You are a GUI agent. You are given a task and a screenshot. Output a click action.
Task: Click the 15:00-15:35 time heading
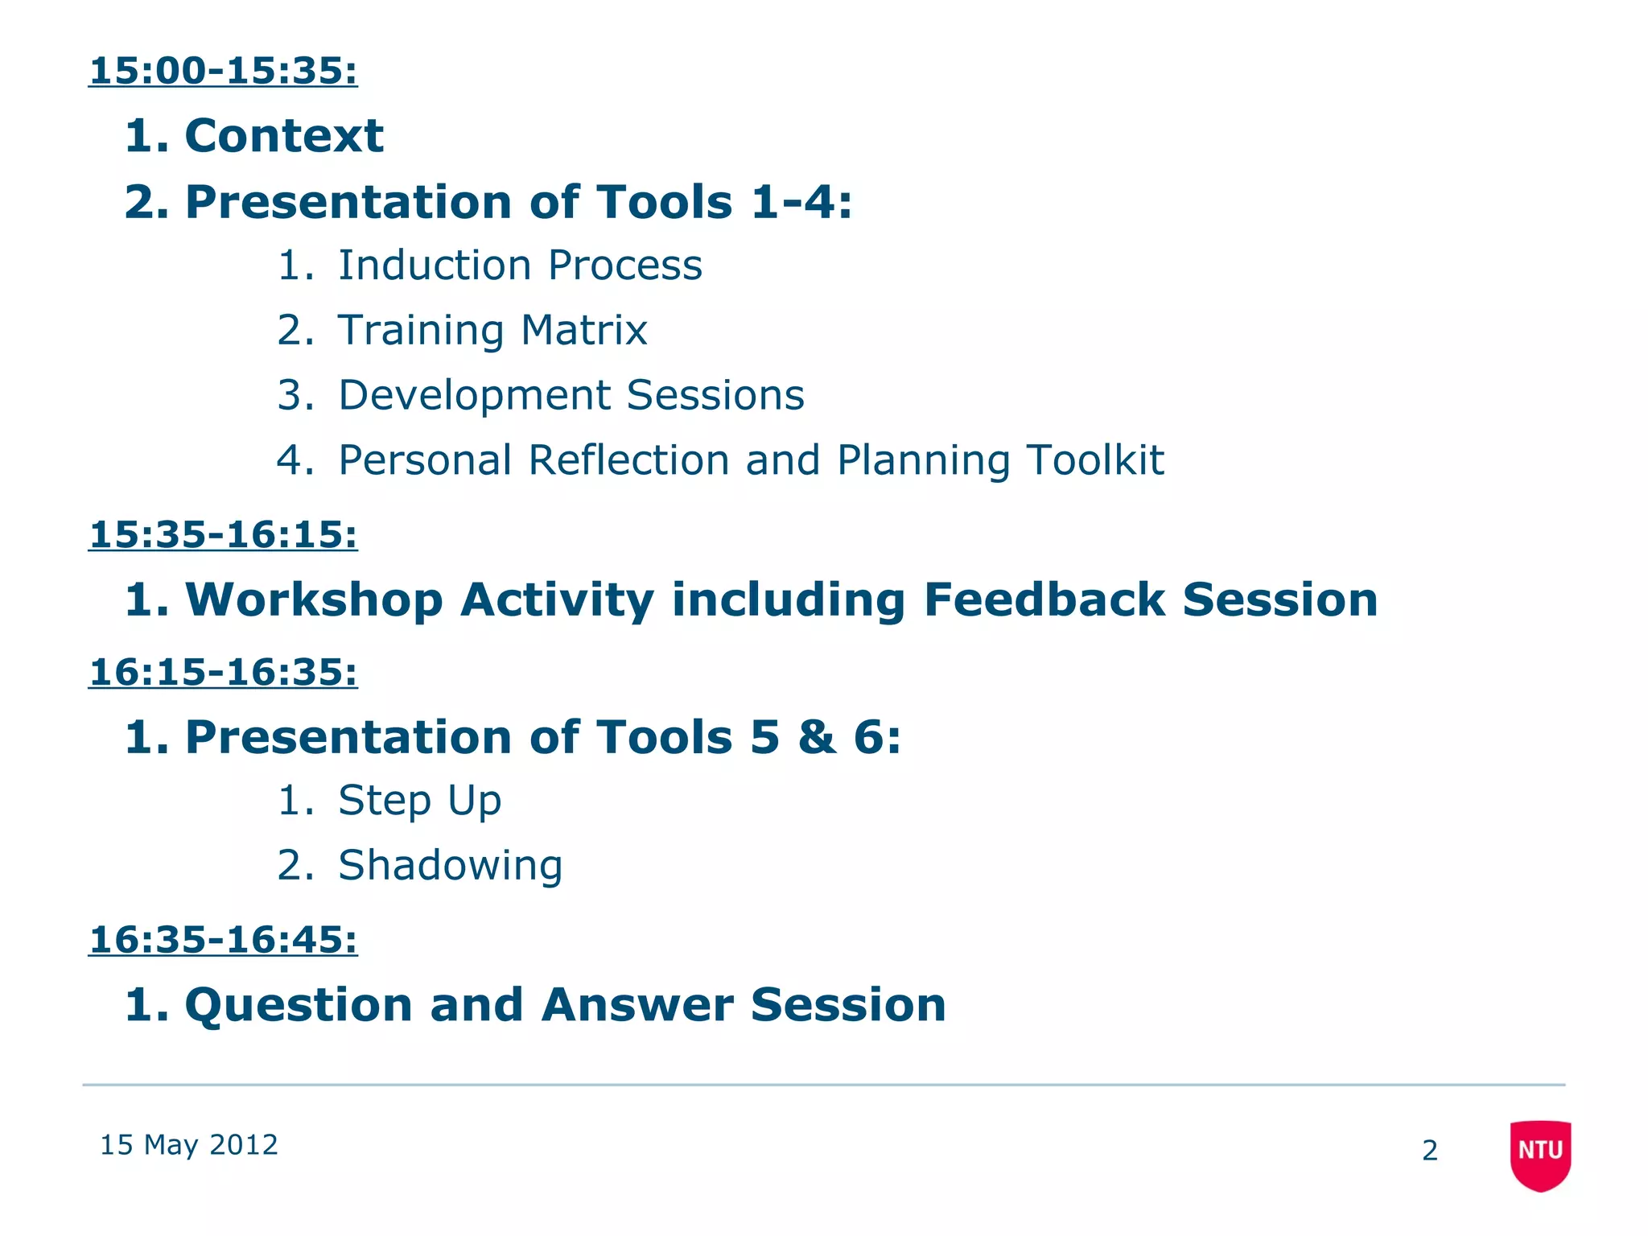223,71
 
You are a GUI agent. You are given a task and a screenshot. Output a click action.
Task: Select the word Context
284,135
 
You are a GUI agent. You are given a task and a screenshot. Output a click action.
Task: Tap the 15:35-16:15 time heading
223,535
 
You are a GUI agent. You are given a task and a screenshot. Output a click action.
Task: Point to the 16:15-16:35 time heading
223,672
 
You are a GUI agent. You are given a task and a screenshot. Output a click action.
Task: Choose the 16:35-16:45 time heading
223,940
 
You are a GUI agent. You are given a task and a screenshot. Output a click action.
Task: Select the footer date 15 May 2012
188,1144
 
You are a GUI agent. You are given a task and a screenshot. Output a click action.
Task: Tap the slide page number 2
1429,1151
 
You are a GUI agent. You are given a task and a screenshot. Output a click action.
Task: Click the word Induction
434,266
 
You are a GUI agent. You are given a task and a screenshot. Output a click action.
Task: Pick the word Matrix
583,330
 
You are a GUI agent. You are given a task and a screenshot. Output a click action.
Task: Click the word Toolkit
1094,460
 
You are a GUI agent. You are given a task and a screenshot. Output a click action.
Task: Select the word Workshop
314,600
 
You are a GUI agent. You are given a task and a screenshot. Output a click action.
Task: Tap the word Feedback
1044,600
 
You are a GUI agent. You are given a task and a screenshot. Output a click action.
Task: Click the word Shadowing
450,866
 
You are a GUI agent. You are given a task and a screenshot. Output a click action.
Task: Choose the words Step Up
419,801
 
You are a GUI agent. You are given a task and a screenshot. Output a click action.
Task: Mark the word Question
299,1006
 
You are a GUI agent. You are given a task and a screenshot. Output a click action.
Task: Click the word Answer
637,1005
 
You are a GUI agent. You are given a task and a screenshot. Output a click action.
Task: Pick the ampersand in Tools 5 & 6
817,737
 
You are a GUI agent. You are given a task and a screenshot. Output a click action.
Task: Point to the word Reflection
628,460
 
